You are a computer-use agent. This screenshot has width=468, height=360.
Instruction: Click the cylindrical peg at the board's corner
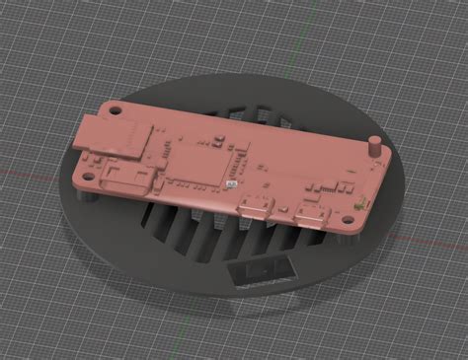click(375, 149)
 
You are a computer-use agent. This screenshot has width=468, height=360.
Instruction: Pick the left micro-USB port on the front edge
click(251, 208)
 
